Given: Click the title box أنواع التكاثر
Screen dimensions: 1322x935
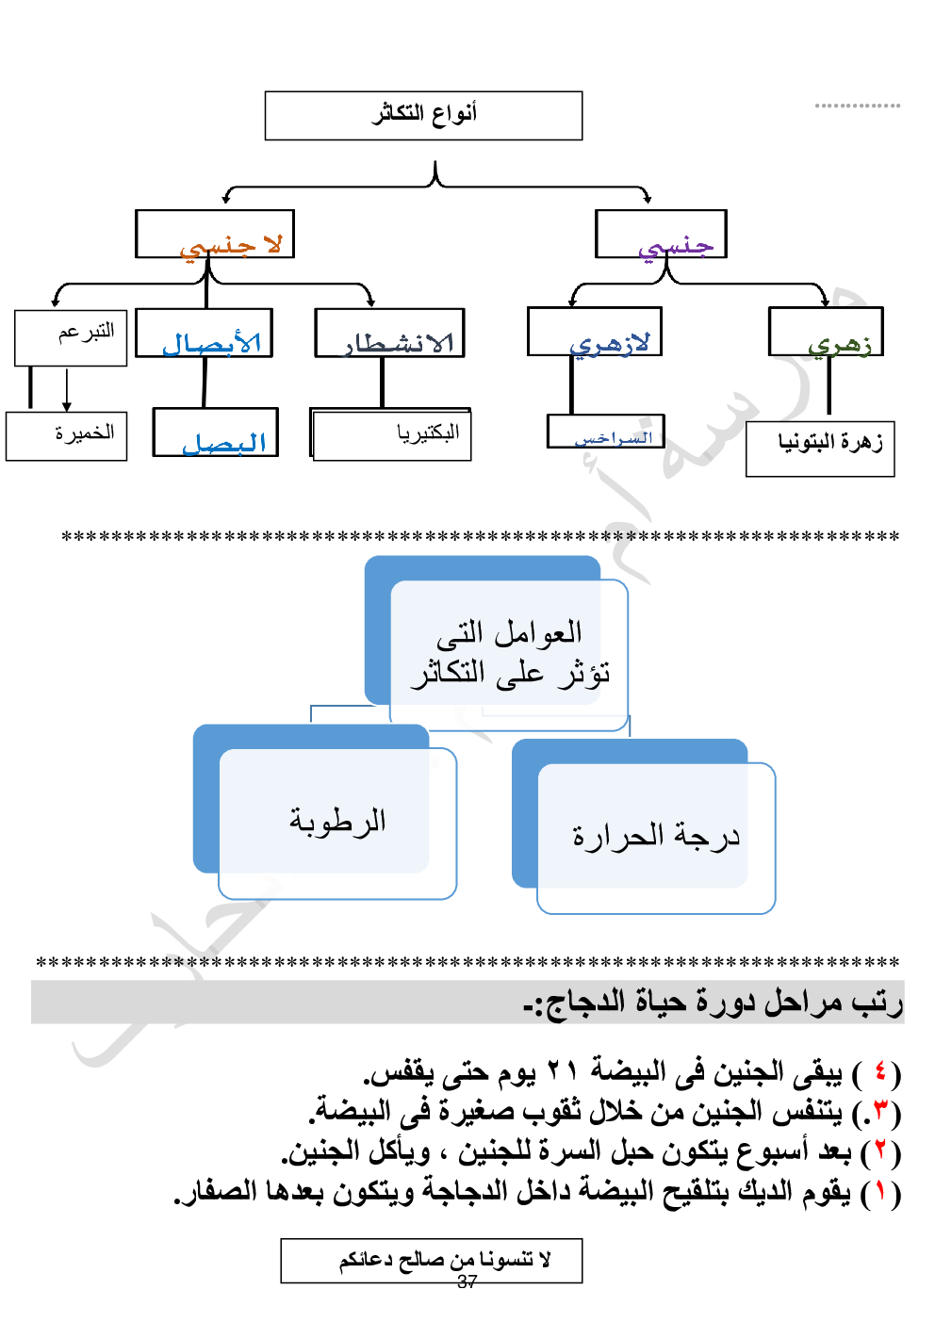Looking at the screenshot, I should click(423, 115).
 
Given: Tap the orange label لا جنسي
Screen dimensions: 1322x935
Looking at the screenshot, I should click(230, 246).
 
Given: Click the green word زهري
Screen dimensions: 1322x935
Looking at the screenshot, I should click(839, 344).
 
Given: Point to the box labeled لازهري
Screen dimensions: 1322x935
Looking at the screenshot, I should click(595, 333).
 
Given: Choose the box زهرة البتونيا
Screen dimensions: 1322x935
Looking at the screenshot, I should click(820, 449).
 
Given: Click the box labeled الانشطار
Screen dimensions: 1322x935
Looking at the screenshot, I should click(390, 334).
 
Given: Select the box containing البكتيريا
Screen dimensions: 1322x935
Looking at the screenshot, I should click(391, 434).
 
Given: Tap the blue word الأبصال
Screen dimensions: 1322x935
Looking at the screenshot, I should click(211, 343).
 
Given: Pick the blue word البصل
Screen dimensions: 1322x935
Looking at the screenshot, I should click(223, 443).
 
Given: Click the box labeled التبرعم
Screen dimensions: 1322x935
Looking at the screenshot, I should click(71, 337).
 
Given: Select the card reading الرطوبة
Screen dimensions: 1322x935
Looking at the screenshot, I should click(337, 823).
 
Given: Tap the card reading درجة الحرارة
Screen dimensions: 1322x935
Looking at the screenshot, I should click(656, 837).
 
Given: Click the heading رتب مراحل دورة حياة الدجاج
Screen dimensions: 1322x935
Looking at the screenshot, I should click(714, 1003).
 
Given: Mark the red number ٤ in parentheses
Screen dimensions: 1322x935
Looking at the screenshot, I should click(880, 1072).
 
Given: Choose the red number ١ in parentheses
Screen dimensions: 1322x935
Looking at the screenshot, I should click(880, 1192).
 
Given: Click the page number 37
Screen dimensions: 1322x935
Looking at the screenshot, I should click(467, 1281).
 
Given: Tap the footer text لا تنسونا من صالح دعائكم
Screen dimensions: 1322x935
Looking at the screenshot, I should click(445, 1259).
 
